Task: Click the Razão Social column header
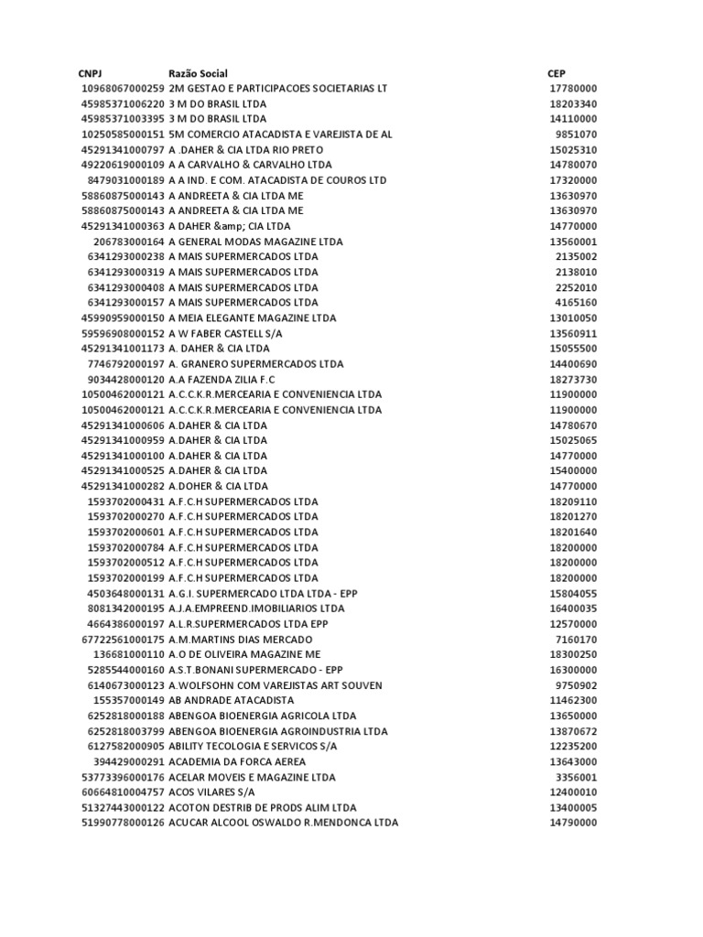coord(199,73)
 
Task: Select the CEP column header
coord(557,73)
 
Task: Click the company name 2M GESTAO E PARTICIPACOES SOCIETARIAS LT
coord(278,89)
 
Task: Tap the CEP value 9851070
coord(576,135)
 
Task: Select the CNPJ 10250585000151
coord(123,135)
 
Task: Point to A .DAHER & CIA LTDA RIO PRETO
coord(246,149)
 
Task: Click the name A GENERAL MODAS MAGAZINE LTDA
coord(256,242)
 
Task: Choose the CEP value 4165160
coord(576,302)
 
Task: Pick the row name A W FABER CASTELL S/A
coord(225,333)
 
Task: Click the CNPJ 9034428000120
coord(126,379)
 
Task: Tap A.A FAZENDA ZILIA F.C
coord(222,379)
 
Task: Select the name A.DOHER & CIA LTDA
coord(219,486)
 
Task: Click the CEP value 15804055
coord(573,593)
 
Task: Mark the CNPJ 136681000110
coord(129,654)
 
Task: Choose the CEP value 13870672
coord(573,731)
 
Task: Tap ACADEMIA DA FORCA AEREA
coord(237,761)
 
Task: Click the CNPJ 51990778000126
coord(123,823)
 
